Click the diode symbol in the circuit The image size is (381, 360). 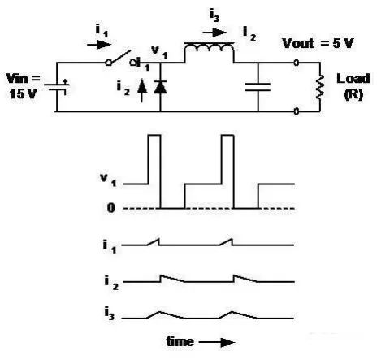click(160, 87)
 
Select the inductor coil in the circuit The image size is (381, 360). click(209, 48)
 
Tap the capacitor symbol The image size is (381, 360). click(258, 87)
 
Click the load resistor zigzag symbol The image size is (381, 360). click(320, 87)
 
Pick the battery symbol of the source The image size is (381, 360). click(57, 87)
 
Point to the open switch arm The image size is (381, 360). click(120, 58)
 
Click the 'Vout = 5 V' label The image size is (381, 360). click(318, 43)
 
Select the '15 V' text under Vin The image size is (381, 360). click(23, 94)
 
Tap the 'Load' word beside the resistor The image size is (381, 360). click(353, 79)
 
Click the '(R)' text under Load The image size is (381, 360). click(353, 94)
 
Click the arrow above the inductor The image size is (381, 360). click(214, 33)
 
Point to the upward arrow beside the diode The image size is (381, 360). click(142, 90)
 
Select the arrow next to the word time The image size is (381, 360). click(217, 342)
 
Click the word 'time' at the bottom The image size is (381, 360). click(180, 341)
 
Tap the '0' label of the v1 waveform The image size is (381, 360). click(111, 208)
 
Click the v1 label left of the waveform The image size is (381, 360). click(108, 180)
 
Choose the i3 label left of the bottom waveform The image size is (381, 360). click(110, 314)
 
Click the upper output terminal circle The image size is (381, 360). click(297, 63)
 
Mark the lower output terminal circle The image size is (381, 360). click(297, 111)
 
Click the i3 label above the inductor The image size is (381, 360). click(214, 15)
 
